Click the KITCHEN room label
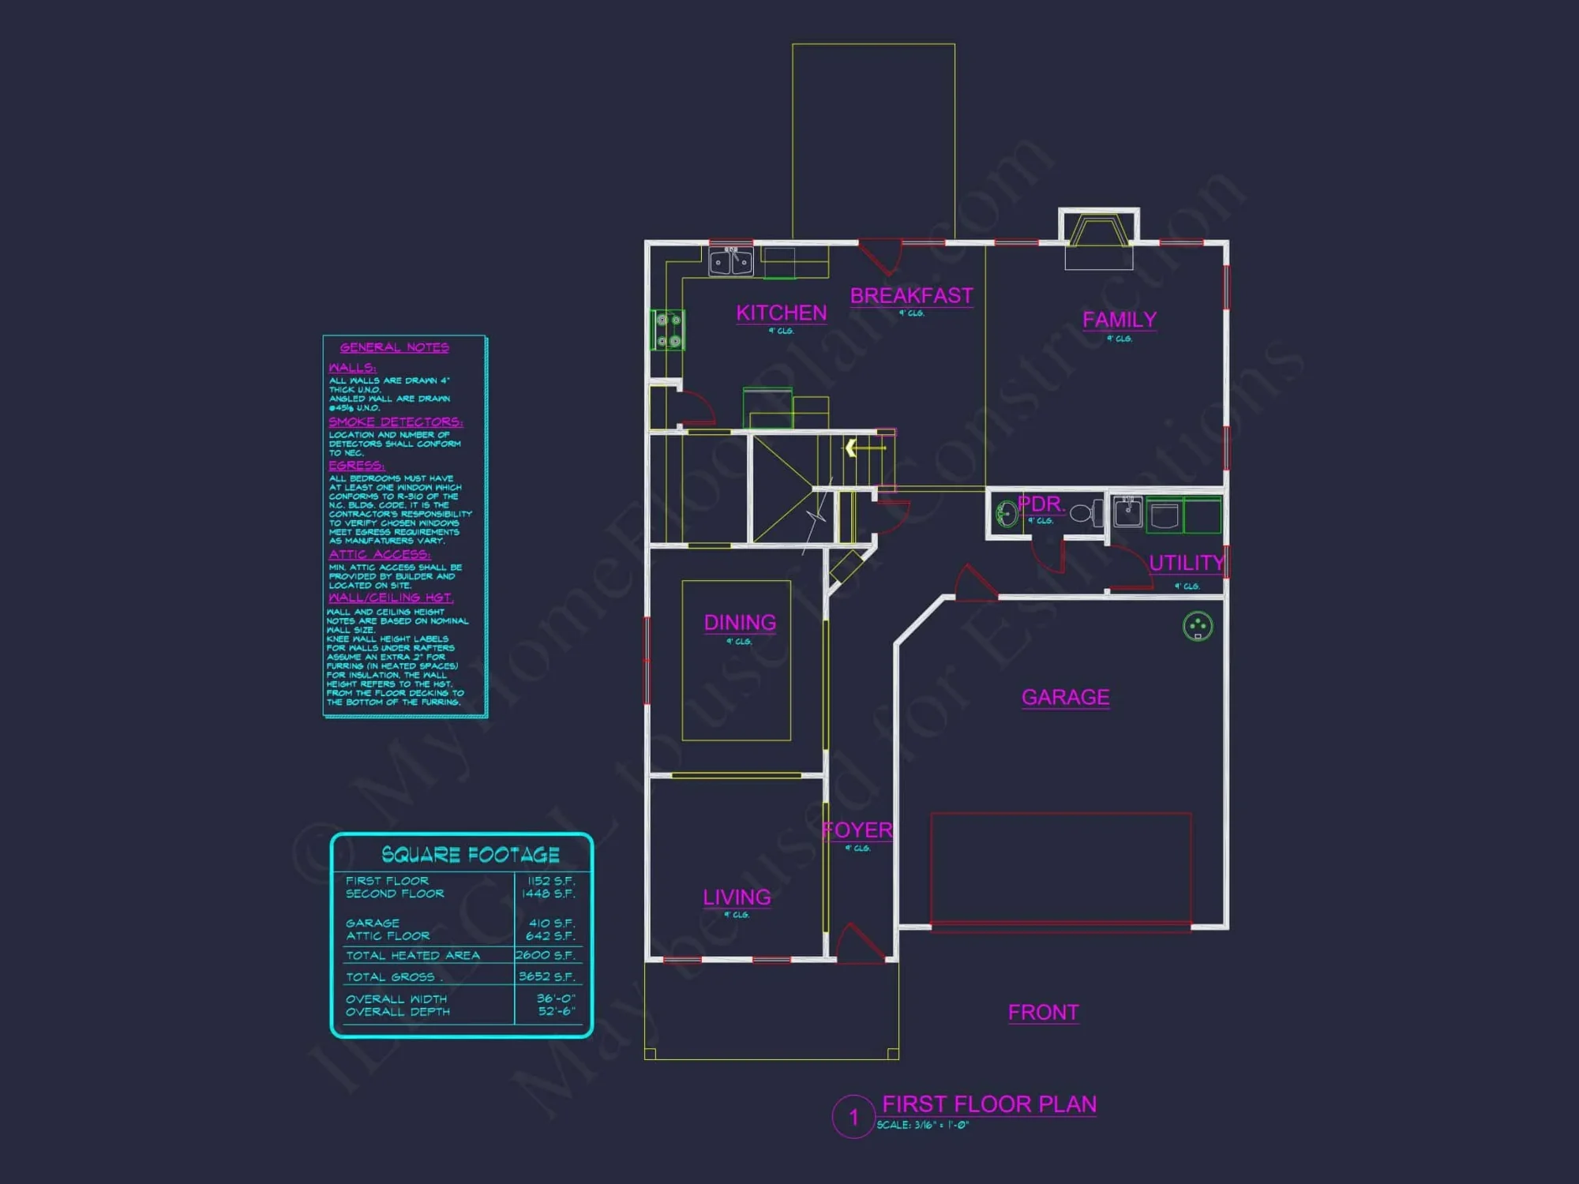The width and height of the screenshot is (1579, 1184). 782,313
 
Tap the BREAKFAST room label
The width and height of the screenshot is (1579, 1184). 911,296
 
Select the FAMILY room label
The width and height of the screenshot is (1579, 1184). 1119,320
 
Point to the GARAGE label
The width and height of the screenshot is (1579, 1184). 1065,697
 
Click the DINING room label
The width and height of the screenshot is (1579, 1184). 740,623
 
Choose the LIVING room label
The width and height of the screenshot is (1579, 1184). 737,897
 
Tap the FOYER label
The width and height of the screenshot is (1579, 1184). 857,830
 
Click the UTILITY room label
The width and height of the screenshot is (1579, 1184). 1186,563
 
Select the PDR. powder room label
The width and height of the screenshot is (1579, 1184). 1040,504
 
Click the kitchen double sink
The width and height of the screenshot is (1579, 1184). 731,261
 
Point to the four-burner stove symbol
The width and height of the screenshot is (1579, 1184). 668,330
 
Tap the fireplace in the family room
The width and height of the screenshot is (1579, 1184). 1098,234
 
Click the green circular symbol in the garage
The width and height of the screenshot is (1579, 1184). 1198,626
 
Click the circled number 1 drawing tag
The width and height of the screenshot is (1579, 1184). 853,1117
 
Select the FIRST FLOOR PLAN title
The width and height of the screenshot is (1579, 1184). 988,1104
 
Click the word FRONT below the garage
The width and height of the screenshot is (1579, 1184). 1043,1013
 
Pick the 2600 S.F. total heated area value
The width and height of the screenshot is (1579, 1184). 546,955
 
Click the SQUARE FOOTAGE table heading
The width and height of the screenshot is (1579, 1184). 471,855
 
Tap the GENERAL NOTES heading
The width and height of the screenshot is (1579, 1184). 394,347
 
